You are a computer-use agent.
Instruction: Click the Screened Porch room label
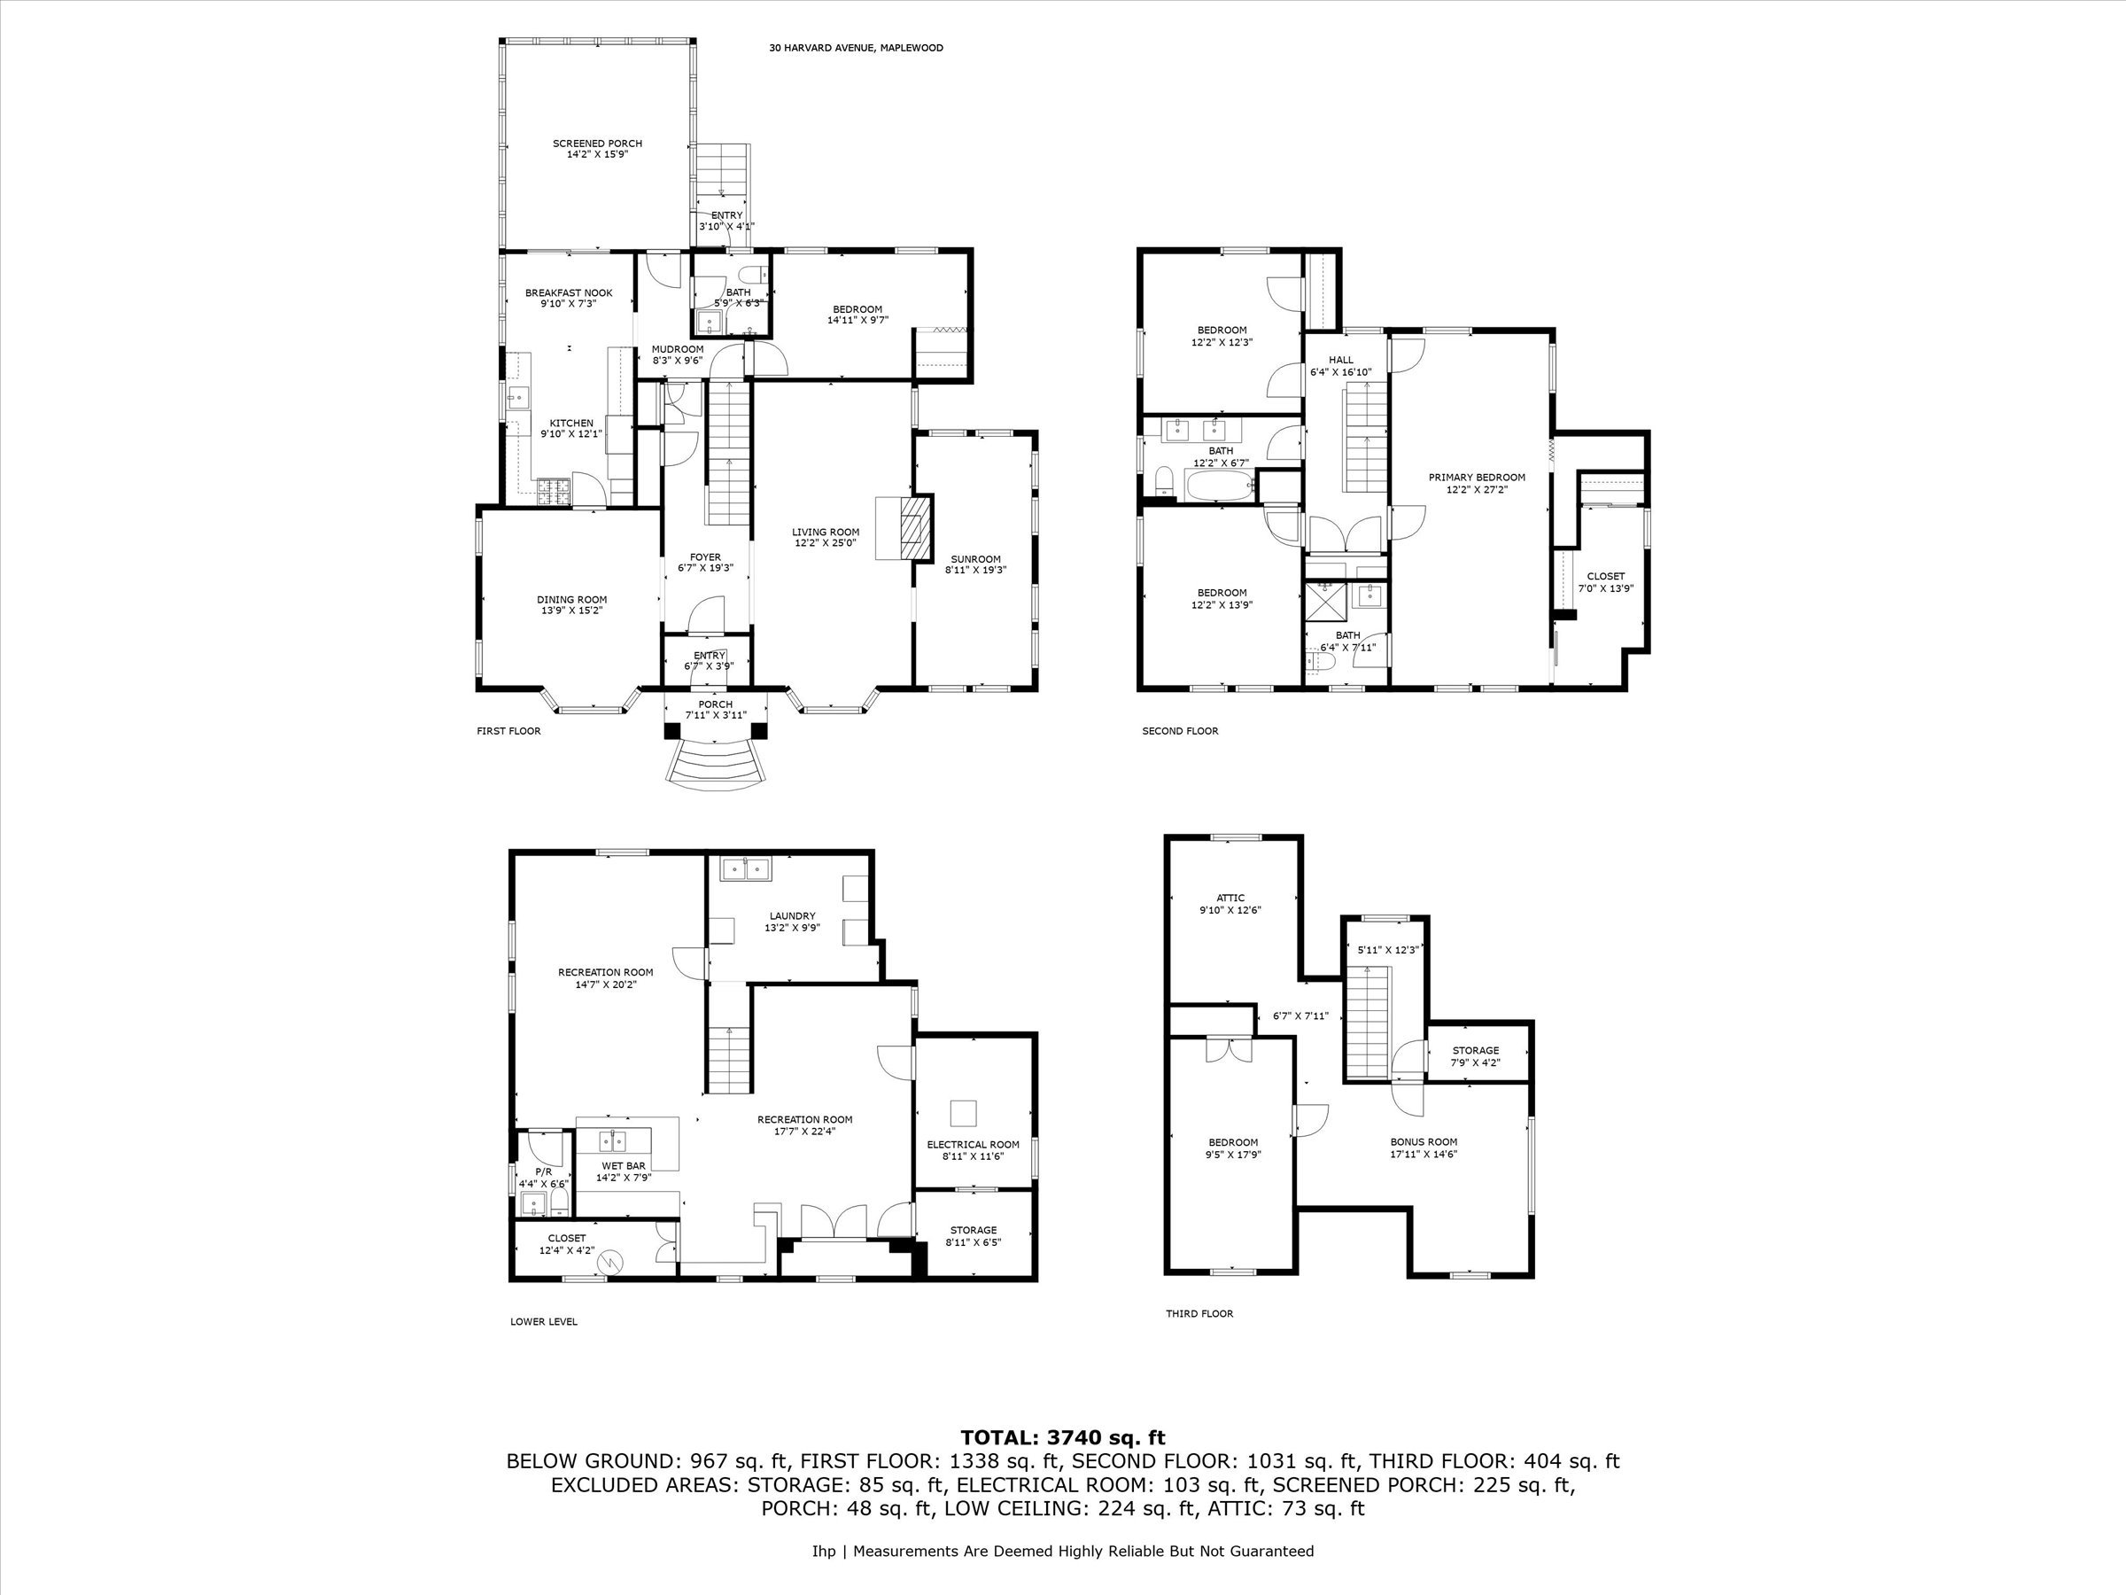pos(597,144)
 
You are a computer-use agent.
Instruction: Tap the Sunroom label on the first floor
pos(975,558)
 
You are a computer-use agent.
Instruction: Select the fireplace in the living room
pos(904,528)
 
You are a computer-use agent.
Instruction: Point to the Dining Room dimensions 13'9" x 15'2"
pos(572,611)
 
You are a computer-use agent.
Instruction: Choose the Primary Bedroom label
pos(1477,477)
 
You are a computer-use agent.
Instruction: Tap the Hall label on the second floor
pos(1341,361)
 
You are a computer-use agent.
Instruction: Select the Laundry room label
pos(792,916)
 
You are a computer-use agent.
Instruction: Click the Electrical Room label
pos(973,1144)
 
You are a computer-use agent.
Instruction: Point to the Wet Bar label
pos(624,1165)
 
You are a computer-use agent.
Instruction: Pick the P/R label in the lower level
pos(543,1172)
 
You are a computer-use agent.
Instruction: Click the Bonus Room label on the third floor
pos(1424,1142)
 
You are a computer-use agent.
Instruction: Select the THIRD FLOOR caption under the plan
pos(1199,1313)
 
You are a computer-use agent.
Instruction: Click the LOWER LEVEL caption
pos(543,1322)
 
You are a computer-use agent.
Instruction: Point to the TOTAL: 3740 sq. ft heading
pos(1062,1438)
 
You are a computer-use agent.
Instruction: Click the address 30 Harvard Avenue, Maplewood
pos(856,48)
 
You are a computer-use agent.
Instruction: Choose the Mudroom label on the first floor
pos(678,349)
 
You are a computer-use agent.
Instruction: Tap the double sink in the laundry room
pos(746,868)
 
